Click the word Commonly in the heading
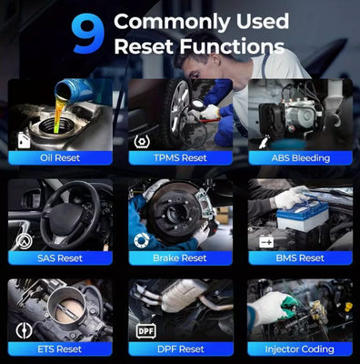[x=172, y=23]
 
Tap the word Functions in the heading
[x=232, y=46]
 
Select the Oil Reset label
[x=60, y=157]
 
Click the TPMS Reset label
[x=180, y=157]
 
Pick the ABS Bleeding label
[x=300, y=158]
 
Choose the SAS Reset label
[x=60, y=258]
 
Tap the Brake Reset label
[x=180, y=258]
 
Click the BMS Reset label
[x=300, y=258]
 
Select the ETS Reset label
[x=60, y=349]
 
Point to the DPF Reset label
[x=181, y=349]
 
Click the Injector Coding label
[x=300, y=349]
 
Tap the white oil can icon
[x=24, y=140]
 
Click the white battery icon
[x=266, y=242]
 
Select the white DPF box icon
[x=146, y=331]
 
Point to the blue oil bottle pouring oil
[x=75, y=90]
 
